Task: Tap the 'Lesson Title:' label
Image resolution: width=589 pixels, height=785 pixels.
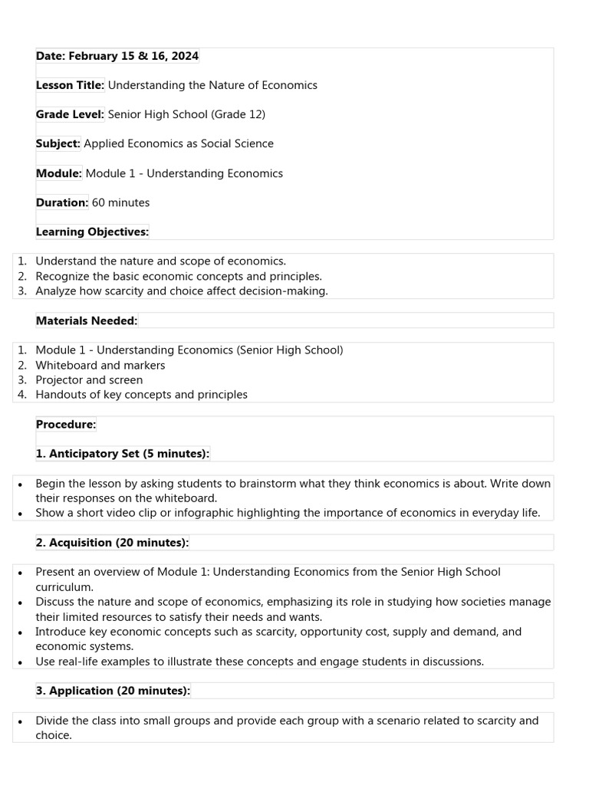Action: [x=70, y=85]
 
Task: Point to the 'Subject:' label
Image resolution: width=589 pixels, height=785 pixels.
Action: [x=58, y=143]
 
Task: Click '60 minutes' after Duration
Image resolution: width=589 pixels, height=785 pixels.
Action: [x=120, y=202]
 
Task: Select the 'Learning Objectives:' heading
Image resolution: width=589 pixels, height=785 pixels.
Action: [x=92, y=232]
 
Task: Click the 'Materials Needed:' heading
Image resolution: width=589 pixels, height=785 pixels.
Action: [x=87, y=320]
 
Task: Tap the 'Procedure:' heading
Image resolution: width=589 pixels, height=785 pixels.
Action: [x=65, y=424]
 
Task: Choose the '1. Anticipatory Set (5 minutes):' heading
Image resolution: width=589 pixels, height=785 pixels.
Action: [x=122, y=454]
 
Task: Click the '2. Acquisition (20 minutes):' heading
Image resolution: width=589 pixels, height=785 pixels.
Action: [x=112, y=543]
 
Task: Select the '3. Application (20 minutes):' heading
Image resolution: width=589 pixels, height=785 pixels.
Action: [x=113, y=691]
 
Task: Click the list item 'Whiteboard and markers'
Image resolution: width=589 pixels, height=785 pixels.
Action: [x=100, y=365]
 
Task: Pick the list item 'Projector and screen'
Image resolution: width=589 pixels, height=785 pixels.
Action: [x=89, y=379]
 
